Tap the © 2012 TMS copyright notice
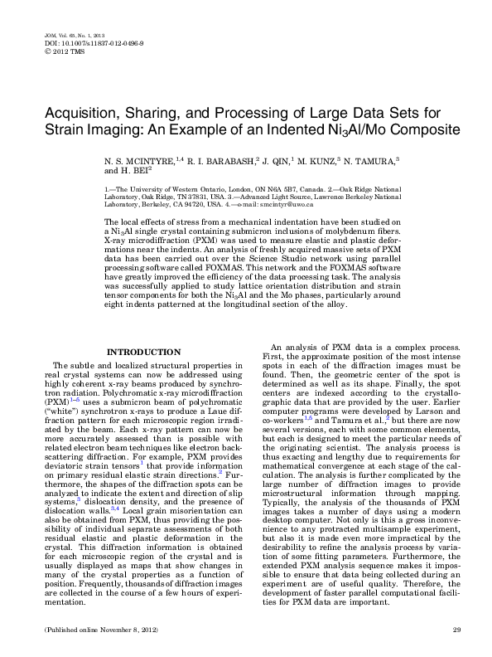[x=55, y=49]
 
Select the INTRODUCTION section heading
[x=145, y=353]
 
